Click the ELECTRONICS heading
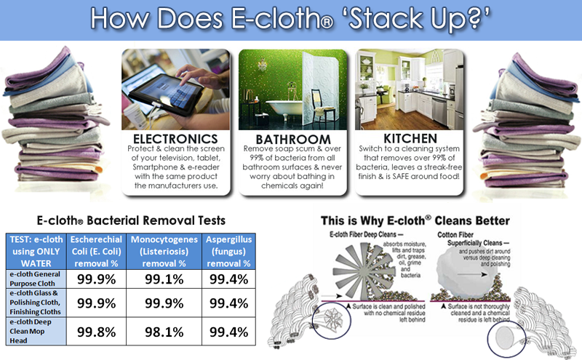[x=175, y=139]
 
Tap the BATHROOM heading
[x=293, y=139]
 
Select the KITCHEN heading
[x=410, y=138]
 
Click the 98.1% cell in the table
[x=164, y=332]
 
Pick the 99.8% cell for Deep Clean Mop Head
[x=97, y=332]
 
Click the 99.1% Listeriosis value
[x=164, y=279]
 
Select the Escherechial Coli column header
[x=97, y=251]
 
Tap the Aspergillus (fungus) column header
[x=228, y=251]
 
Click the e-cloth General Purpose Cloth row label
[x=35, y=279]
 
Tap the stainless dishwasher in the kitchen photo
[x=439, y=111]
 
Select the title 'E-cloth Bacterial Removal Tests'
[x=131, y=220]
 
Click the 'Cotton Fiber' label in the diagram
[x=455, y=235]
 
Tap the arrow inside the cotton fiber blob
[x=472, y=275]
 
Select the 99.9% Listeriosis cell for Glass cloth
[x=164, y=303]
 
